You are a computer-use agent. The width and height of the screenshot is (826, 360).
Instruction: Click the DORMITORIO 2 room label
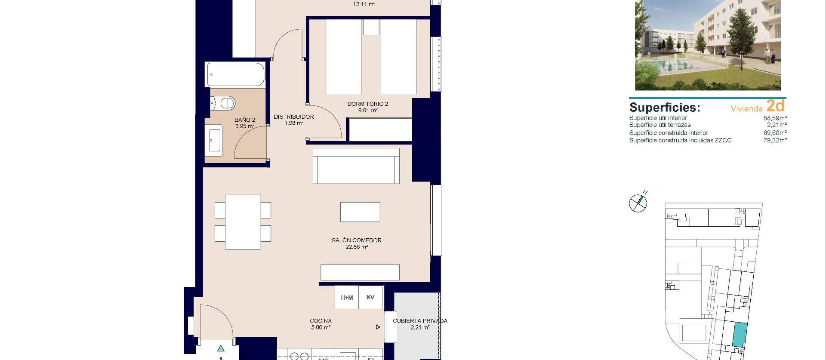[368, 104]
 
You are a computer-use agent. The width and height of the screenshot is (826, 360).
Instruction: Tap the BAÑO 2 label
[245, 120]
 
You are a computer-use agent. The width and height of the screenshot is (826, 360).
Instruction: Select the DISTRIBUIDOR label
[294, 117]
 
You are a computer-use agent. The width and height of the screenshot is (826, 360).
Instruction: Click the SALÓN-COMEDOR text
[356, 240]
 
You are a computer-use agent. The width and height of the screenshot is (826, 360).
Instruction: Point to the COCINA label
[321, 321]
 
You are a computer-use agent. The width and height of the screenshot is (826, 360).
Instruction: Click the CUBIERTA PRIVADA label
[420, 321]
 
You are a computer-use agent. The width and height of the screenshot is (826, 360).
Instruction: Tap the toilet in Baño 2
[224, 103]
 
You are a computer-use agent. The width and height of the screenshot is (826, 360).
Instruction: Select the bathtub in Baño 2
[236, 74]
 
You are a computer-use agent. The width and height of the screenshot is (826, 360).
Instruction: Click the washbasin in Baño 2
[213, 140]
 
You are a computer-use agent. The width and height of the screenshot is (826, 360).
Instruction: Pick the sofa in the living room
[356, 166]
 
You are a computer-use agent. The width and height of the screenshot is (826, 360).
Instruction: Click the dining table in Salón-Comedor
[243, 222]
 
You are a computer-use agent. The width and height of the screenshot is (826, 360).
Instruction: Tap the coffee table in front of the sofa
[360, 212]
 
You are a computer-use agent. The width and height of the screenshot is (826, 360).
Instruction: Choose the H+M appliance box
[347, 297]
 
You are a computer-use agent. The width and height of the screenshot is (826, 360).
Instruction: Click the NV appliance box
[370, 297]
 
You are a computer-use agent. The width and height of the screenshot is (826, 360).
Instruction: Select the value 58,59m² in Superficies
[775, 118]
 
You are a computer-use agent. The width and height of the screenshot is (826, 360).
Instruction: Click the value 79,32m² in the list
[775, 140]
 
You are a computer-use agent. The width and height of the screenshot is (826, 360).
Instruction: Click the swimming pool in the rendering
[671, 65]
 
